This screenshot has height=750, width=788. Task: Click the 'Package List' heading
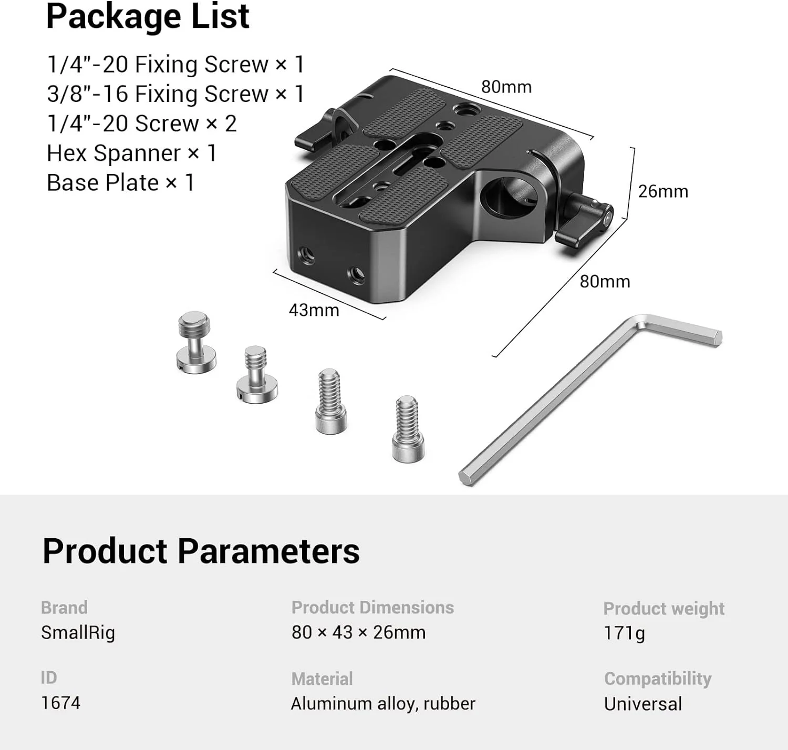148,17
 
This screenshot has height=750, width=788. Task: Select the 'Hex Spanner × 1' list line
132,153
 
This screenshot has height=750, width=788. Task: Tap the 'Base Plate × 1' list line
121,183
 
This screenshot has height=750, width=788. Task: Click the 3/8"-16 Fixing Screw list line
175,94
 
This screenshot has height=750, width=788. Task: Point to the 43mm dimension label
314,310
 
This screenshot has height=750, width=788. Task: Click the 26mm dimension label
663,191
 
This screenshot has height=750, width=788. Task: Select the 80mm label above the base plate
506,87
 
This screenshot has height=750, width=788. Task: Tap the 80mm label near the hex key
605,282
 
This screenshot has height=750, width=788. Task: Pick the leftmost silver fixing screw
196,343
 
